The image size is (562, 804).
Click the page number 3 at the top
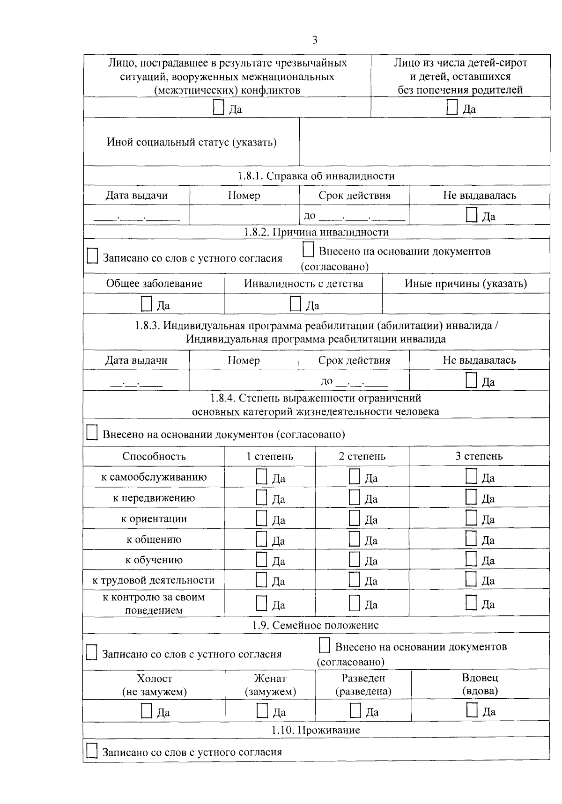coord(315,40)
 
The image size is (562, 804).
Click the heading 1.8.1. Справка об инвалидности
coord(316,176)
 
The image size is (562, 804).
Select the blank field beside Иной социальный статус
coord(424,142)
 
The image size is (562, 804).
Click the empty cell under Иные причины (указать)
coord(466,304)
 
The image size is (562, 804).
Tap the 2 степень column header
coord(362,456)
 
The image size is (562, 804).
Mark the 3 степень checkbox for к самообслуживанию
coord(471,476)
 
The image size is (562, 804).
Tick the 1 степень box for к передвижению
coord(261,497)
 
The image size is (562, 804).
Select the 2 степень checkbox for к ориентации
coord(355,518)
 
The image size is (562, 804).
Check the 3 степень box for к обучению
coord(471,559)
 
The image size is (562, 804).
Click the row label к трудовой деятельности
coord(154,580)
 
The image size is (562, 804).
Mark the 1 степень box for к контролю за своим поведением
coord(261,603)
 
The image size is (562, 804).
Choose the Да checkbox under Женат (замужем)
coord(262,711)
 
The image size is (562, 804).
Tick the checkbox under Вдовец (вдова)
coord(472,710)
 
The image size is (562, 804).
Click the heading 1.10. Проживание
coord(316,730)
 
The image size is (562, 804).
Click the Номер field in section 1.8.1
coord(244,215)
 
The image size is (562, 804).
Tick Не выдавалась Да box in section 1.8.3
coord(471,380)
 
